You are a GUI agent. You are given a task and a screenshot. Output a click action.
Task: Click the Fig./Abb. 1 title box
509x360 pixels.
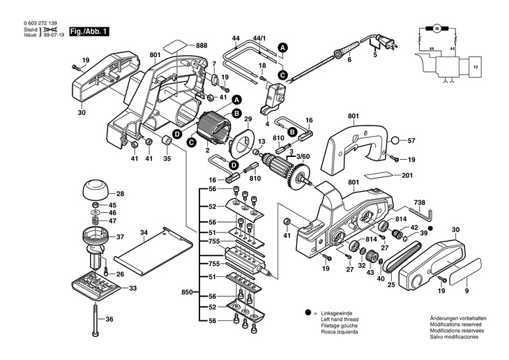coord(88,32)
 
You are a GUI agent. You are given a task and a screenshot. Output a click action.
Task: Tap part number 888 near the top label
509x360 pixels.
coord(202,45)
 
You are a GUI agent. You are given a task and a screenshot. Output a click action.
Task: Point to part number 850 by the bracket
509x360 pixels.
coord(187,292)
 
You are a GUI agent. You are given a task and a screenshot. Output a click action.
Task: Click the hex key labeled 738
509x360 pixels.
coord(420,213)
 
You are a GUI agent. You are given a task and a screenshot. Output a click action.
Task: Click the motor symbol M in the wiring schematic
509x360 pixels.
coord(436,29)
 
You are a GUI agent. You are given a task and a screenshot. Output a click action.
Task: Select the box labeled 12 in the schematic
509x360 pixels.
coord(476,67)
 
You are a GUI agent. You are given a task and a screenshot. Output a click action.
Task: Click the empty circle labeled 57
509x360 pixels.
coord(395,141)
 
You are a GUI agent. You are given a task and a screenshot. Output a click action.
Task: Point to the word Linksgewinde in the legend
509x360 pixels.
coord(336,314)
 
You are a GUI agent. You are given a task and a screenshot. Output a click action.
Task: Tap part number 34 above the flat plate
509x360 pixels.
coord(144,232)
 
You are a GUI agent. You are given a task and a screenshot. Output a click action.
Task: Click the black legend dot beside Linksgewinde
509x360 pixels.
coord(307,313)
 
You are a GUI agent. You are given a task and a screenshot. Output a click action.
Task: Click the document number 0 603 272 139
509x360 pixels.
coord(40,24)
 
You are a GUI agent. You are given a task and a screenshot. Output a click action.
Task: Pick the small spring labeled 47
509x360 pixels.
coord(96,220)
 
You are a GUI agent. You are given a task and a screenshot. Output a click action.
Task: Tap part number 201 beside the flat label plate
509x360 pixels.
coord(407,175)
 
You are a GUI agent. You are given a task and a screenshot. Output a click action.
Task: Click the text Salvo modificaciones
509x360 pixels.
coord(454,337)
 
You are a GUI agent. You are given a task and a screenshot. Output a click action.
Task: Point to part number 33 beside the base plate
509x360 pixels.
coord(132,288)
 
